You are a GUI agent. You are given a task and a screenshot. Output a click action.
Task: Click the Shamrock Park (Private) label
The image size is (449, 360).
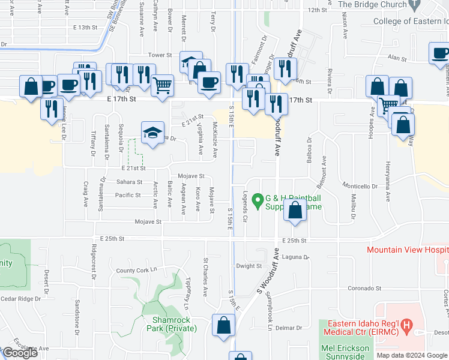click(174, 324)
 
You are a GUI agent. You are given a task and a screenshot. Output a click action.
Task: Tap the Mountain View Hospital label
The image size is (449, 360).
click(407, 250)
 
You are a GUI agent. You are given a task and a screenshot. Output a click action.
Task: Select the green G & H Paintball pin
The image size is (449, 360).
click(258, 200)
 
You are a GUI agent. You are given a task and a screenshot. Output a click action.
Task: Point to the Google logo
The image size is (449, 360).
click(20, 353)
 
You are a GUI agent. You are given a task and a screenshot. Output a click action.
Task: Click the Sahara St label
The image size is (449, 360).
click(129, 182)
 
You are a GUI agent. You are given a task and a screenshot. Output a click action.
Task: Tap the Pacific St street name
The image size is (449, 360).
click(128, 195)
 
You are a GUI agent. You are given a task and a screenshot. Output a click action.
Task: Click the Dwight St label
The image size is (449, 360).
click(249, 266)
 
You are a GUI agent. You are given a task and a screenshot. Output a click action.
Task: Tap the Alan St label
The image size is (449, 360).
click(397, 58)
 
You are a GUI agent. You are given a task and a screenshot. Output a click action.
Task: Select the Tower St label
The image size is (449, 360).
click(160, 55)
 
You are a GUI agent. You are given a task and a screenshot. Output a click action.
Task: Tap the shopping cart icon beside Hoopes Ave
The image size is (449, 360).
click(388, 106)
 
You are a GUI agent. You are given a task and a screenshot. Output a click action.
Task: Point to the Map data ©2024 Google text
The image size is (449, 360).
click(412, 355)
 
